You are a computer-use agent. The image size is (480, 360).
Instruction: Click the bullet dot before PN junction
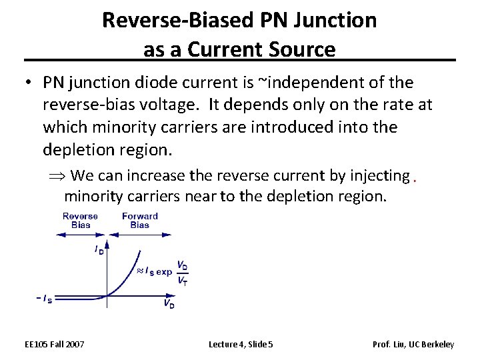point(25,83)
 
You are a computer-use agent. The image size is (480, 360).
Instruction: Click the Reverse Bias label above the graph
point(80,220)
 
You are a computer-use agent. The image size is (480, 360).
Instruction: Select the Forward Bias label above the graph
point(140,220)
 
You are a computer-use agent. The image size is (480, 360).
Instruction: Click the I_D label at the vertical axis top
point(99,250)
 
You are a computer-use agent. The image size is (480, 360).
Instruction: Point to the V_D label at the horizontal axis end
point(169,303)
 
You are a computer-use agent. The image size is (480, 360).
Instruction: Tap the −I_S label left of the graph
point(44,298)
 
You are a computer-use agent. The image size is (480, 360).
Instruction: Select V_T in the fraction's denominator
point(182,280)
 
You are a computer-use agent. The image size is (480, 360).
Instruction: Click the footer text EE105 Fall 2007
point(54,344)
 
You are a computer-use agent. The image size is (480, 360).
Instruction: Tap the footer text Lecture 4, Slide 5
point(240,344)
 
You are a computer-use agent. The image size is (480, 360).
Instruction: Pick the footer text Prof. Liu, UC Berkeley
point(413,344)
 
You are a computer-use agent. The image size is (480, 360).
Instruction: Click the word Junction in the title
point(337,21)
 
